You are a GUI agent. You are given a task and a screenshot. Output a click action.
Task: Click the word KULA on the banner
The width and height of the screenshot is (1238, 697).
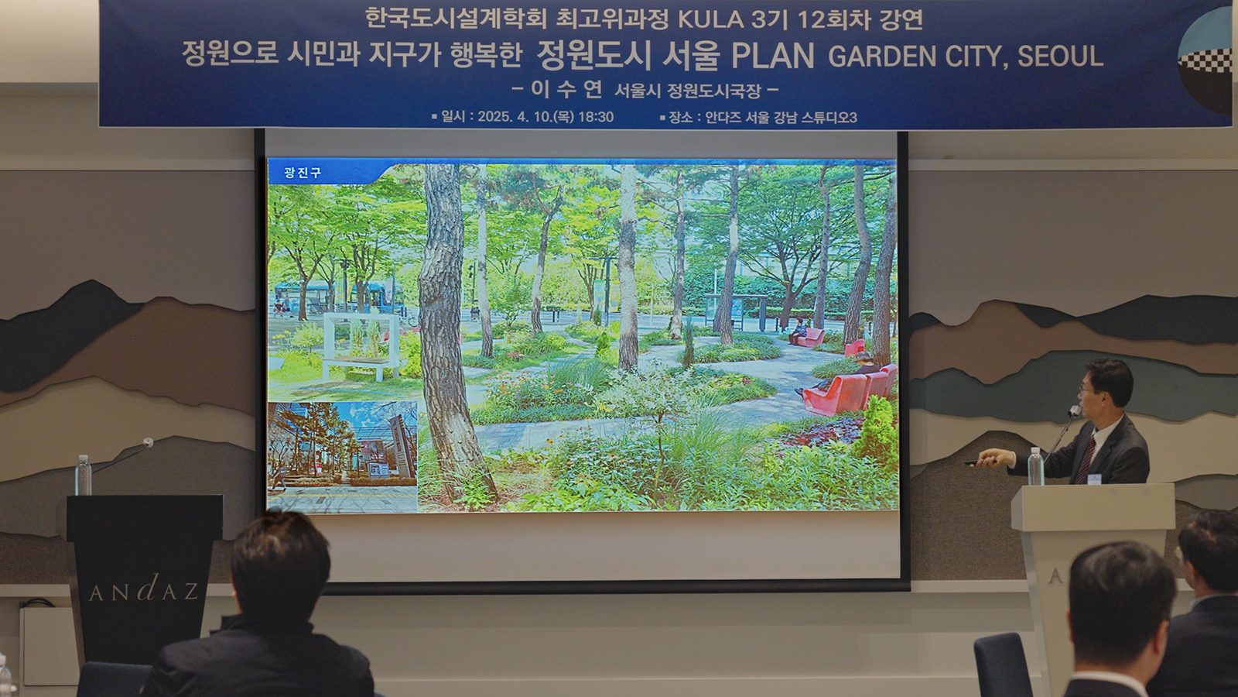(x=711, y=19)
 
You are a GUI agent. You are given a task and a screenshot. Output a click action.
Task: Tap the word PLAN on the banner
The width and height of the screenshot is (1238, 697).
(x=773, y=56)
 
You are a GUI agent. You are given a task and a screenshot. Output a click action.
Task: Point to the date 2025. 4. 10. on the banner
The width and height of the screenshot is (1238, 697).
(x=518, y=117)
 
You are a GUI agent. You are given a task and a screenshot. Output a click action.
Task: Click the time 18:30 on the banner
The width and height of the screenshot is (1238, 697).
(x=595, y=117)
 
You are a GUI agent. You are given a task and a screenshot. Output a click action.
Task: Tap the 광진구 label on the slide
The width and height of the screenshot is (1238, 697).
(x=303, y=173)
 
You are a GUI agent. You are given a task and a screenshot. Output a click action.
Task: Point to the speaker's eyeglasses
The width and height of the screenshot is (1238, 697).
(x=1086, y=390)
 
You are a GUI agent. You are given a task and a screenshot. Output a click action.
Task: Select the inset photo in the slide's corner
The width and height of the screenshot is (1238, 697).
(x=342, y=457)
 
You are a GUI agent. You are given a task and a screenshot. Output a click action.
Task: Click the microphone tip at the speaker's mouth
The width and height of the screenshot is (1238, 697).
(x=1075, y=411)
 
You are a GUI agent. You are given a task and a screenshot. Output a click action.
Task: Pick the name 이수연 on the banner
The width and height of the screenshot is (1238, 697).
(x=566, y=90)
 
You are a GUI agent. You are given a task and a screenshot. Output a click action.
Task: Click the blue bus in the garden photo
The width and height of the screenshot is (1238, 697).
(x=379, y=297)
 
